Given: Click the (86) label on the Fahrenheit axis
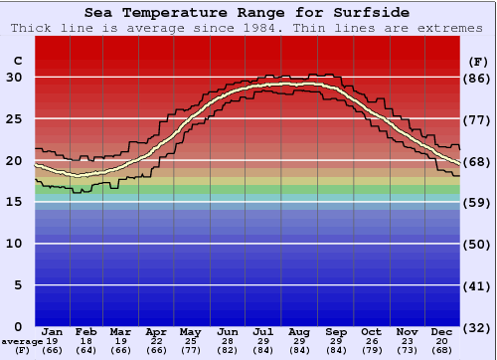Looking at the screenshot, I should pyautogui.click(x=477, y=78).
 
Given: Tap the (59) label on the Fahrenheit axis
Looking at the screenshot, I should pyautogui.click(x=477, y=203).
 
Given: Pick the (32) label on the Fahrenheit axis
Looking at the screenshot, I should pyautogui.click(x=477, y=327).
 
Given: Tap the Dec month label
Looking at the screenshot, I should pyautogui.click(x=442, y=331).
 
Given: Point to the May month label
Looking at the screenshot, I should pyautogui.click(x=189, y=331).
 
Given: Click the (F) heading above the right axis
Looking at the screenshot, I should pyautogui.click(x=477, y=62).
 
